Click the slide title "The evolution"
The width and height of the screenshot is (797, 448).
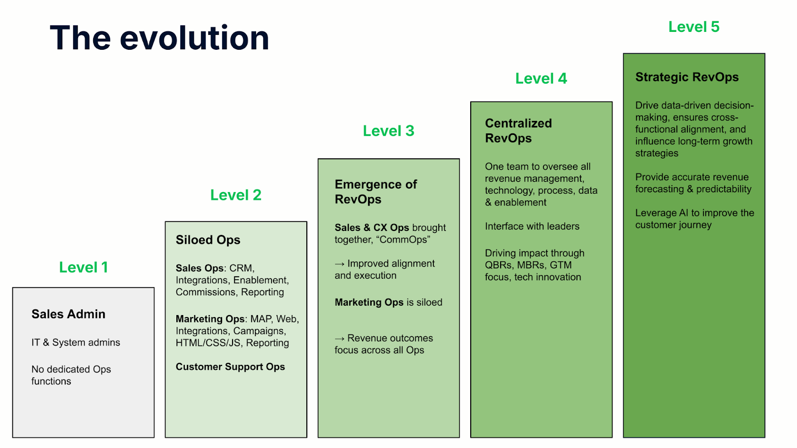click(x=159, y=38)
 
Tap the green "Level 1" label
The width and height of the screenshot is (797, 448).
click(x=84, y=267)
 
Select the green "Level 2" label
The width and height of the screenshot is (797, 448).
click(x=236, y=195)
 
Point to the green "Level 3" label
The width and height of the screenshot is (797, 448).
click(x=389, y=131)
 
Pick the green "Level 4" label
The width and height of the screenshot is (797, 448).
click(x=541, y=79)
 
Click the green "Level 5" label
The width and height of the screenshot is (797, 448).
click(x=694, y=27)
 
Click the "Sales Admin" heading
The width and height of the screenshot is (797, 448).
click(x=68, y=314)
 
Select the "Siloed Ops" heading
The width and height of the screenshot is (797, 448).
click(x=208, y=240)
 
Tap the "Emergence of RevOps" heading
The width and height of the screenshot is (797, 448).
click(x=376, y=192)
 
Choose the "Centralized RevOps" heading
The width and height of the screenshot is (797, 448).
click(x=519, y=130)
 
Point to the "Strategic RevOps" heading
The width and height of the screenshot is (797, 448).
click(x=687, y=77)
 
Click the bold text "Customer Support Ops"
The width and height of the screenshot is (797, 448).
click(x=230, y=367)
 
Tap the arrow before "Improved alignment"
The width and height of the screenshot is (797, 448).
click(x=339, y=264)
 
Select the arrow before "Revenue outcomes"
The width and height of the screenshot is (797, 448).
click(x=339, y=338)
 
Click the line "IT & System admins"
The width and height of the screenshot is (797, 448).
click(x=76, y=342)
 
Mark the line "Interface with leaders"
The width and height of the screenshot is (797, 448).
click(x=532, y=226)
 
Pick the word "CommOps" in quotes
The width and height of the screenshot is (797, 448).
click(x=403, y=239)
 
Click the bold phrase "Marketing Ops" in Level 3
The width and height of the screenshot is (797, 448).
click(x=369, y=302)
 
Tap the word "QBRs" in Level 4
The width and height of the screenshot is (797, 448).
click(x=499, y=265)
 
